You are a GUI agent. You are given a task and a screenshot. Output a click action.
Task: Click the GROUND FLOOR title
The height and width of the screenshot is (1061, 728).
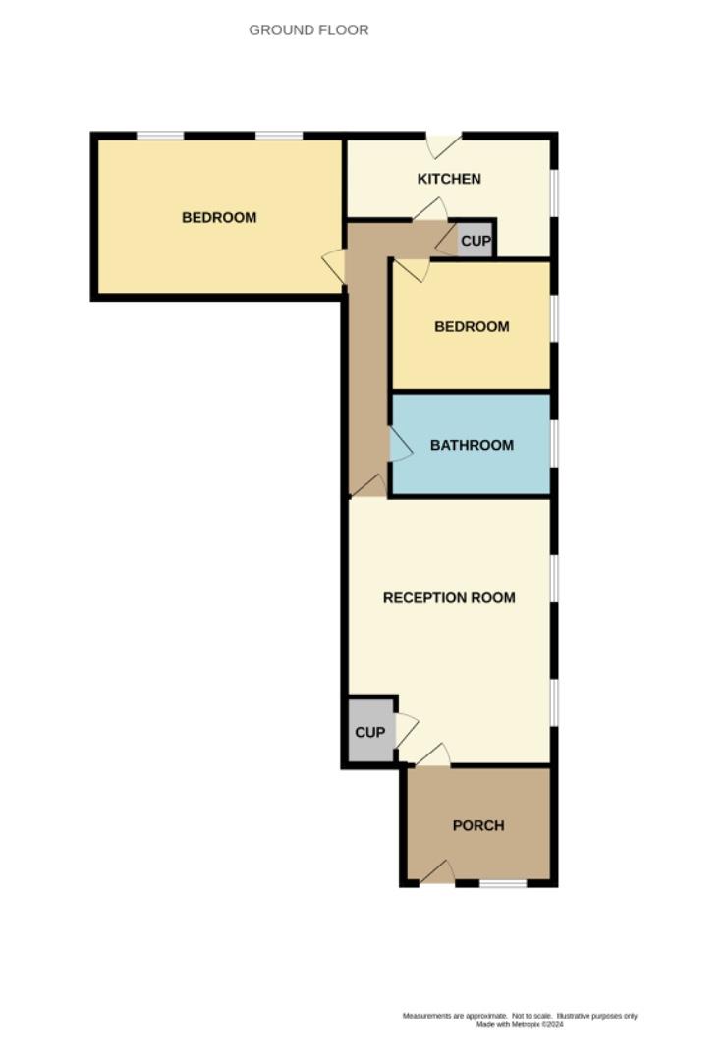point(308,30)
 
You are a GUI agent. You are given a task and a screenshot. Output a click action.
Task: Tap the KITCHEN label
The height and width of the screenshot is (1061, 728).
point(449,179)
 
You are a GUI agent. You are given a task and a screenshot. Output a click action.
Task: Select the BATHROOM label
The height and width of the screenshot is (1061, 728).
point(472,445)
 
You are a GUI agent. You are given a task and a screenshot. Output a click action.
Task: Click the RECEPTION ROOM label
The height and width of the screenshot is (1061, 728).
point(449,597)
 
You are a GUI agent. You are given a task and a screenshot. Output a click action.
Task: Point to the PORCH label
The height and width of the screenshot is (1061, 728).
point(478,825)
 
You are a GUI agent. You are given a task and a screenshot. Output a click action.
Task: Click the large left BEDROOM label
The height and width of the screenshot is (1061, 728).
point(219,218)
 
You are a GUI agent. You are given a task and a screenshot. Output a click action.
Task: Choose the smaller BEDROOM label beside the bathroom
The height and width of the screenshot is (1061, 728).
point(472,326)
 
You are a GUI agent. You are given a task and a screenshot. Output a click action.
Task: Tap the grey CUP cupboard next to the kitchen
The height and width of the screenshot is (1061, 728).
point(476,241)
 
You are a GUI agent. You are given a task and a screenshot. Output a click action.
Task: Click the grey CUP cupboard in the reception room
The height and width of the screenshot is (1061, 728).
point(369,733)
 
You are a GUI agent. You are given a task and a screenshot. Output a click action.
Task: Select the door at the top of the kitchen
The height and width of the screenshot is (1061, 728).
point(442,145)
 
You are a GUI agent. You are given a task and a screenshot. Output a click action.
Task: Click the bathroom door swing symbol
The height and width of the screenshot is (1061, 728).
point(399,445)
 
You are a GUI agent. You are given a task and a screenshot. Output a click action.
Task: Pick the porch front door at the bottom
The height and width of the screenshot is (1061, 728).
point(437,873)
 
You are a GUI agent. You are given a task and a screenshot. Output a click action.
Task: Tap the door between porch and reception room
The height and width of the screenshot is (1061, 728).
point(433,755)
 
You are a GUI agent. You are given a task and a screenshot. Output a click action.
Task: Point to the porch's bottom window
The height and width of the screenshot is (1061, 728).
point(503,884)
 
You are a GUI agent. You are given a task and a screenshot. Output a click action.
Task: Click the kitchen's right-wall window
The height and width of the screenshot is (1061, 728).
point(554,193)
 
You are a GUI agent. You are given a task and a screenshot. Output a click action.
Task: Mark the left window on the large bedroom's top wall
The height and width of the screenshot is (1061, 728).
point(159,136)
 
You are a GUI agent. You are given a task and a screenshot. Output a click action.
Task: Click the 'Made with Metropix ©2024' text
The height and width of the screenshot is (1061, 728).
point(520,1024)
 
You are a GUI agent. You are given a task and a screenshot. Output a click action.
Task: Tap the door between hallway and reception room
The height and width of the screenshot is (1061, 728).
point(369,486)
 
